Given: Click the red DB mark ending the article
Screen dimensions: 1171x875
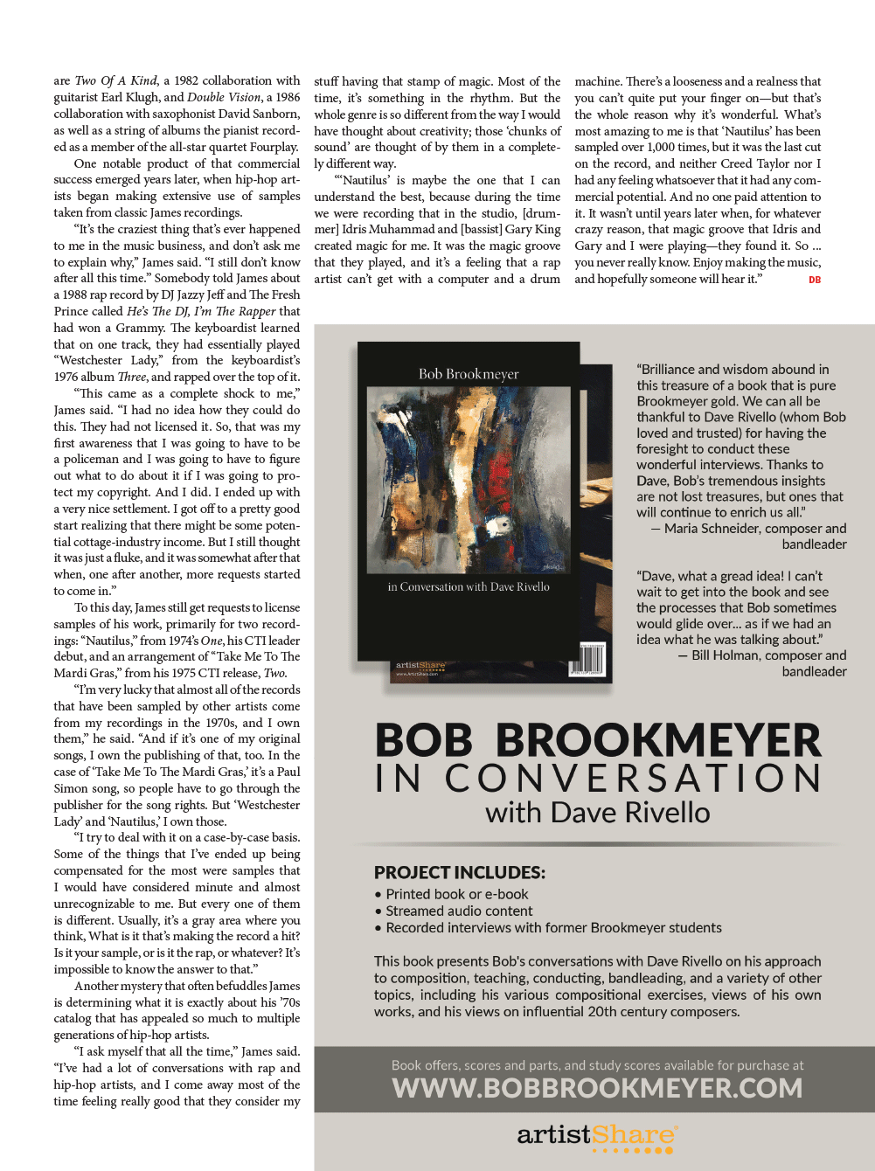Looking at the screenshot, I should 815,280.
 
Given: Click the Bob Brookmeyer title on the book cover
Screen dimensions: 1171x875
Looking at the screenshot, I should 469,374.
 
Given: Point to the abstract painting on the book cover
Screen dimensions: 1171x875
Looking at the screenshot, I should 469,481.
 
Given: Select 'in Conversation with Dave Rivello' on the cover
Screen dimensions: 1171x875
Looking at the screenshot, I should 469,587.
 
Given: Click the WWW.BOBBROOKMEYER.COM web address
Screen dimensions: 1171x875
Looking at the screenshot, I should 597,1088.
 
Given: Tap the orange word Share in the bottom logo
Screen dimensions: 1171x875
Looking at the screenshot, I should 635,1135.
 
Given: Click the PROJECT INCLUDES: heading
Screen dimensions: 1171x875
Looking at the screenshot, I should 460,872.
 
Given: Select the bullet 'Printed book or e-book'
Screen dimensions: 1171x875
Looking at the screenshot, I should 457,894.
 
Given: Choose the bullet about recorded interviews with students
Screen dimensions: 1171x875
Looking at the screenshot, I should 553,927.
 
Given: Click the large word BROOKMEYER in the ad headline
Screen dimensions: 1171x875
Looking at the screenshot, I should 658,740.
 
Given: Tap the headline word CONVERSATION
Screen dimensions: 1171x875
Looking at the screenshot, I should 634,778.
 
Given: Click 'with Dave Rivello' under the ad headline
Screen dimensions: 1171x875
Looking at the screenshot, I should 598,813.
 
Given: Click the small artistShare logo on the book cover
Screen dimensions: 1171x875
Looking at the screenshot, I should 420,667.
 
